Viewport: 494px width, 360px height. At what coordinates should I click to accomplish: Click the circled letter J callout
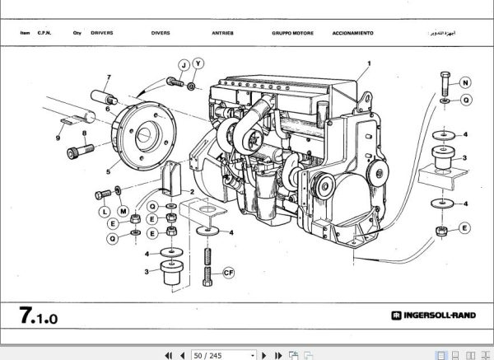point(183,64)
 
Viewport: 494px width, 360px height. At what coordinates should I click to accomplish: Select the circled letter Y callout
point(198,63)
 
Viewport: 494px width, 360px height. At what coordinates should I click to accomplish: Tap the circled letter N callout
point(465,82)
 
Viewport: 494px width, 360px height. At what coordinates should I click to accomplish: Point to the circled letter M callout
point(123,213)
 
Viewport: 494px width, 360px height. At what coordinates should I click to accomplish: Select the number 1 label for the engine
point(369,63)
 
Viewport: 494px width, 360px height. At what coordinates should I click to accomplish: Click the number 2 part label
point(191,192)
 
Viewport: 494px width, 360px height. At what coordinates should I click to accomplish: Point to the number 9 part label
point(58,138)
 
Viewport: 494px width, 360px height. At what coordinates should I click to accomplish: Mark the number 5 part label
point(108,171)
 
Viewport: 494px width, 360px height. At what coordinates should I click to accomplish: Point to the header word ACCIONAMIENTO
point(352,34)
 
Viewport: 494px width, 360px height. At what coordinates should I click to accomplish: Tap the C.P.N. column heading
point(44,34)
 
